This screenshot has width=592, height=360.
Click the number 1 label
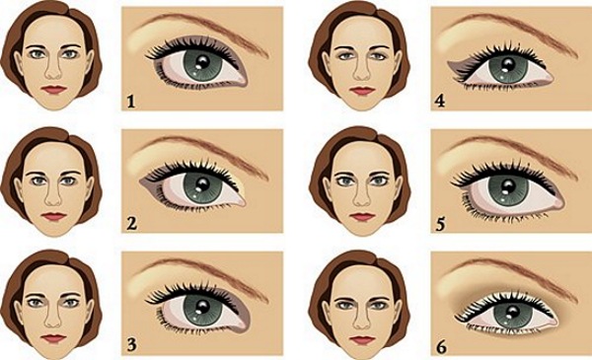(x=130, y=99)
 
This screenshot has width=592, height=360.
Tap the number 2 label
(x=131, y=221)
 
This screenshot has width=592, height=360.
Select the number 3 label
(x=132, y=343)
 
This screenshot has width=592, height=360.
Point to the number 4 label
(x=441, y=99)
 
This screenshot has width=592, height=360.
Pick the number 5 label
(x=441, y=221)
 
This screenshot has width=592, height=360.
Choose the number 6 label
(x=441, y=343)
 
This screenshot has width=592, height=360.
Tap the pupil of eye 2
(x=199, y=186)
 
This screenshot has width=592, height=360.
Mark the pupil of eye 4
(x=511, y=66)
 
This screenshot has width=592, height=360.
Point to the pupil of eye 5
(x=510, y=186)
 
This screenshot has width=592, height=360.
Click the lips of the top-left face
(x=53, y=90)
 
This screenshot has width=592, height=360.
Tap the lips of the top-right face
(x=364, y=90)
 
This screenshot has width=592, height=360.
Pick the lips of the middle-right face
(x=364, y=216)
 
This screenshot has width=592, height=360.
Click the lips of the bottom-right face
(x=364, y=338)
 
